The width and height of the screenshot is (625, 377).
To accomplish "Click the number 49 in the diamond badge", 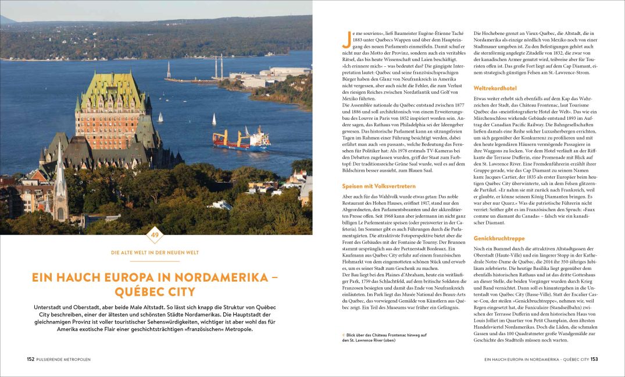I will click(155, 235).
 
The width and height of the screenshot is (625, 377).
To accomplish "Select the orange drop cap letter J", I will click(347, 39).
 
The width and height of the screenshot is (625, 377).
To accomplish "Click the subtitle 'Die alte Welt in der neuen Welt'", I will click(155, 252).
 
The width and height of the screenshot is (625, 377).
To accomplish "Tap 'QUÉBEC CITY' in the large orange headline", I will click(155, 291).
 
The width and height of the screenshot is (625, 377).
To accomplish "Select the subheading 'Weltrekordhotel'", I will click(494, 88).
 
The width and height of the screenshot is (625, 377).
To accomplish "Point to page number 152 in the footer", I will click(30, 360).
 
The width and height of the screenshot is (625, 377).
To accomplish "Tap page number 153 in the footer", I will click(594, 360).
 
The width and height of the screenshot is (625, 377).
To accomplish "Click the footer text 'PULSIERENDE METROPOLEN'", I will click(64, 360).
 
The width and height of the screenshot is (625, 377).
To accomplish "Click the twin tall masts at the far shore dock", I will click(218, 66).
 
